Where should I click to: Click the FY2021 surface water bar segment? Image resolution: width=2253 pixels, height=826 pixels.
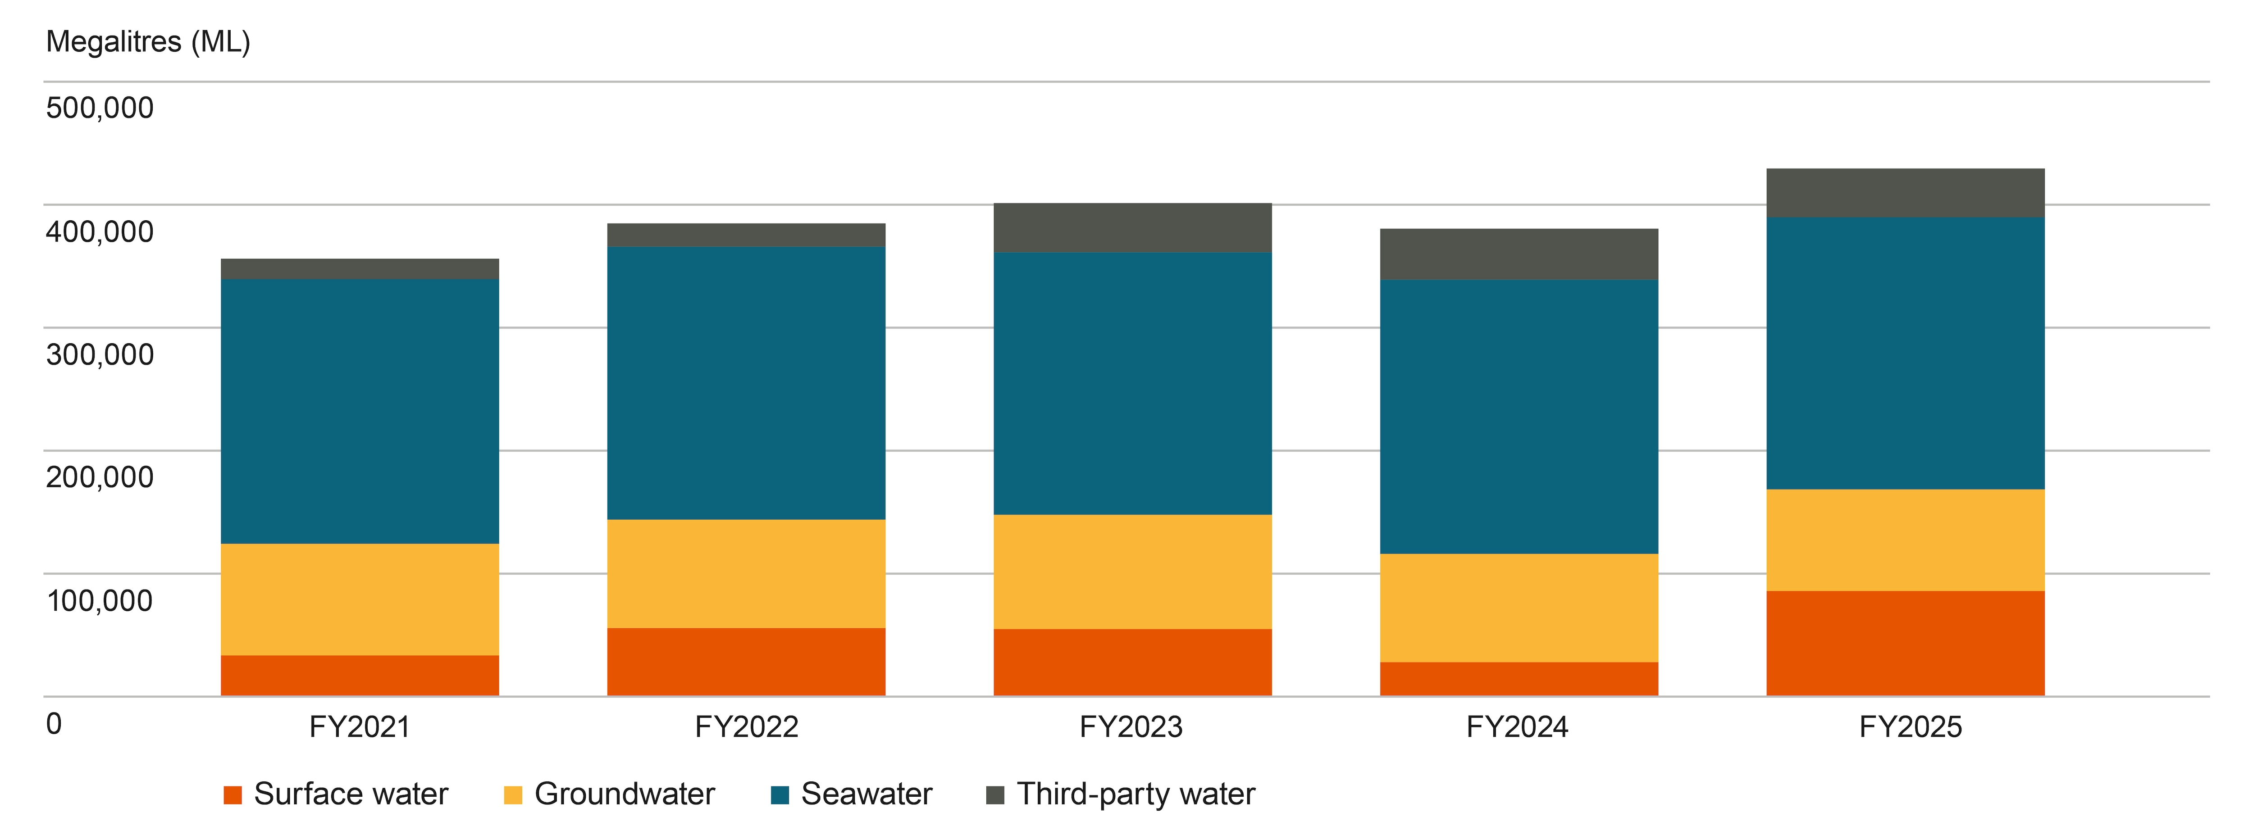[x=360, y=676]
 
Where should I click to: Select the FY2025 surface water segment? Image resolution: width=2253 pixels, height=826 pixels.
[x=1905, y=643]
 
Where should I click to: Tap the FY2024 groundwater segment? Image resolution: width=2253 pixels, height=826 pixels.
[x=1519, y=608]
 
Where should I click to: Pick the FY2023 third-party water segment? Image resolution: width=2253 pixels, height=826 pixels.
[x=1132, y=228]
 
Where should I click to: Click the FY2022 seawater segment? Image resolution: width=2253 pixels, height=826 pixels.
[x=746, y=383]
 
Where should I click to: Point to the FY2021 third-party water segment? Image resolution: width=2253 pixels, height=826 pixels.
[x=360, y=269]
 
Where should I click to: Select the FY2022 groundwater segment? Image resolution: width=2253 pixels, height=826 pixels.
[x=746, y=573]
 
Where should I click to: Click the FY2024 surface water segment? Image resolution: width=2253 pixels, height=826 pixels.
[x=1519, y=679]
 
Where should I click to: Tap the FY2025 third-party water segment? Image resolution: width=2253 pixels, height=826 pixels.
[x=1905, y=193]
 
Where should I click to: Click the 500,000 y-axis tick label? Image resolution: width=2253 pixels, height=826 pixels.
[x=100, y=109]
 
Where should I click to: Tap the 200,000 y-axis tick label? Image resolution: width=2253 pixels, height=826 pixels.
[x=100, y=477]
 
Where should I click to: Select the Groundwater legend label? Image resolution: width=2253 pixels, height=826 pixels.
[x=625, y=794]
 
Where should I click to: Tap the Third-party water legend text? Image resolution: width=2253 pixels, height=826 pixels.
[x=1135, y=794]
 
